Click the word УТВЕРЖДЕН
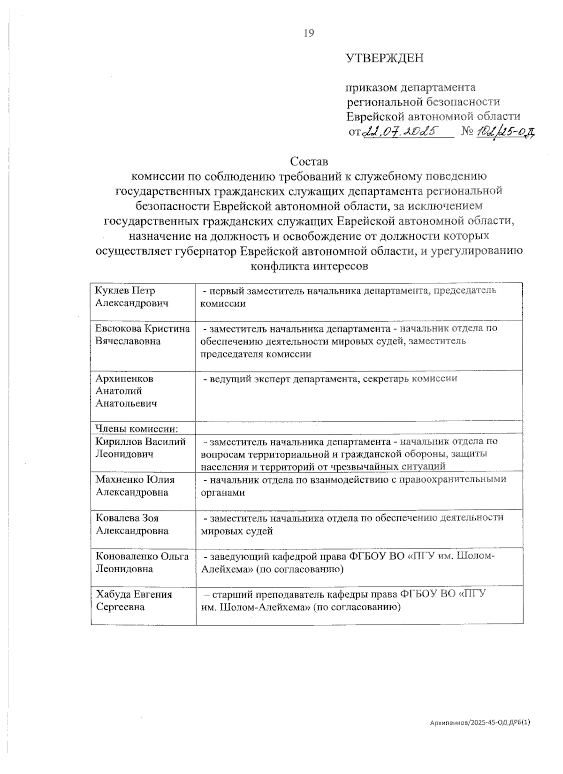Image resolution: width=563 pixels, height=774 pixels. [x=384, y=59]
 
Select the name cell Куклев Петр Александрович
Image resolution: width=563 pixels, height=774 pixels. [x=132, y=297]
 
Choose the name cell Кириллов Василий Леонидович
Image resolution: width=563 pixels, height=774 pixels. [x=140, y=448]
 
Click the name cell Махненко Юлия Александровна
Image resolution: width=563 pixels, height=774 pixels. [x=134, y=486]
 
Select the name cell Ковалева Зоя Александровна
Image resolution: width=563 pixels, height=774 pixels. [x=132, y=524]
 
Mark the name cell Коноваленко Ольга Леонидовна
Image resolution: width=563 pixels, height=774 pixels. [x=142, y=562]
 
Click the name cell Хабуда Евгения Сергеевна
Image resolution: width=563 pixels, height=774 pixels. [x=134, y=600]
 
